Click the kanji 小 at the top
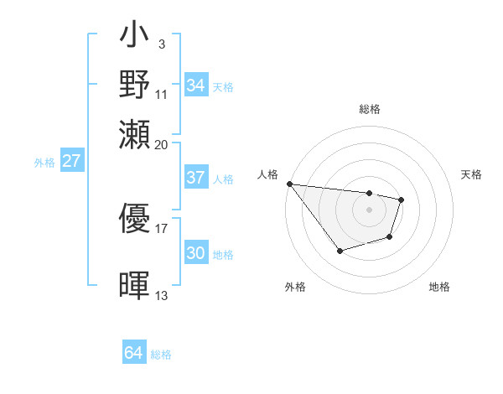point(134,39)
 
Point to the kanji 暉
point(134,285)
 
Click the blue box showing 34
point(195,86)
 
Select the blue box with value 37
point(195,178)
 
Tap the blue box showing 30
point(195,253)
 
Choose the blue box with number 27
point(71,161)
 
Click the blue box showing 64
point(133,353)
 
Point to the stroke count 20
point(162,143)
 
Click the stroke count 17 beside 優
point(162,227)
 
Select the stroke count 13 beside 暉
point(162,295)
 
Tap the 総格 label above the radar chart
point(369,109)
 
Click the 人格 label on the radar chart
point(267,174)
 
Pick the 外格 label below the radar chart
point(295,287)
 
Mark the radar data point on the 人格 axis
point(289,184)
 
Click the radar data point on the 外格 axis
point(340,251)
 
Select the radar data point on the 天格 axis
point(402,200)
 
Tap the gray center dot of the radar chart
point(369,210)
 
